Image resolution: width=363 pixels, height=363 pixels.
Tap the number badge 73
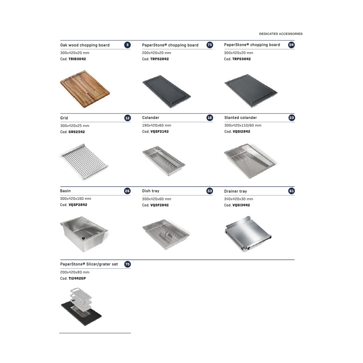tap(210, 45)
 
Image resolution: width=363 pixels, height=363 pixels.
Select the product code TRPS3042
tap(242, 59)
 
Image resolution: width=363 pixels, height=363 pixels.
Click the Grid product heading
tap(64, 118)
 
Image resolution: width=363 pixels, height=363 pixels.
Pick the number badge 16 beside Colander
tap(210, 118)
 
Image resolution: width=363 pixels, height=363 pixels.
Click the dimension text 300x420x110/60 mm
tap(243, 125)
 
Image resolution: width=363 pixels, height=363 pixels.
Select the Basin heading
tap(65, 191)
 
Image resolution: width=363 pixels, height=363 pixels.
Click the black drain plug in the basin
tap(84, 238)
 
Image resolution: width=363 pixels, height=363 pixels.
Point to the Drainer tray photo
tap(248, 234)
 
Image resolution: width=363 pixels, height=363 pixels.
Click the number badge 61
tap(292, 191)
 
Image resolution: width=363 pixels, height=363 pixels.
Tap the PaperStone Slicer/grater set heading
tap(89, 264)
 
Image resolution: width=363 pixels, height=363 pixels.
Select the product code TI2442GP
tap(77, 279)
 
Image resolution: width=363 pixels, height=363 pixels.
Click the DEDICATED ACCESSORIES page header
tap(281, 34)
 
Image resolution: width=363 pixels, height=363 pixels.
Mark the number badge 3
tap(127, 45)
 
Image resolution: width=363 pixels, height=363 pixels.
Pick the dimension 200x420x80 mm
tap(75, 272)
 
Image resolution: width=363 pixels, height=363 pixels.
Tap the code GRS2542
tap(77, 132)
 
